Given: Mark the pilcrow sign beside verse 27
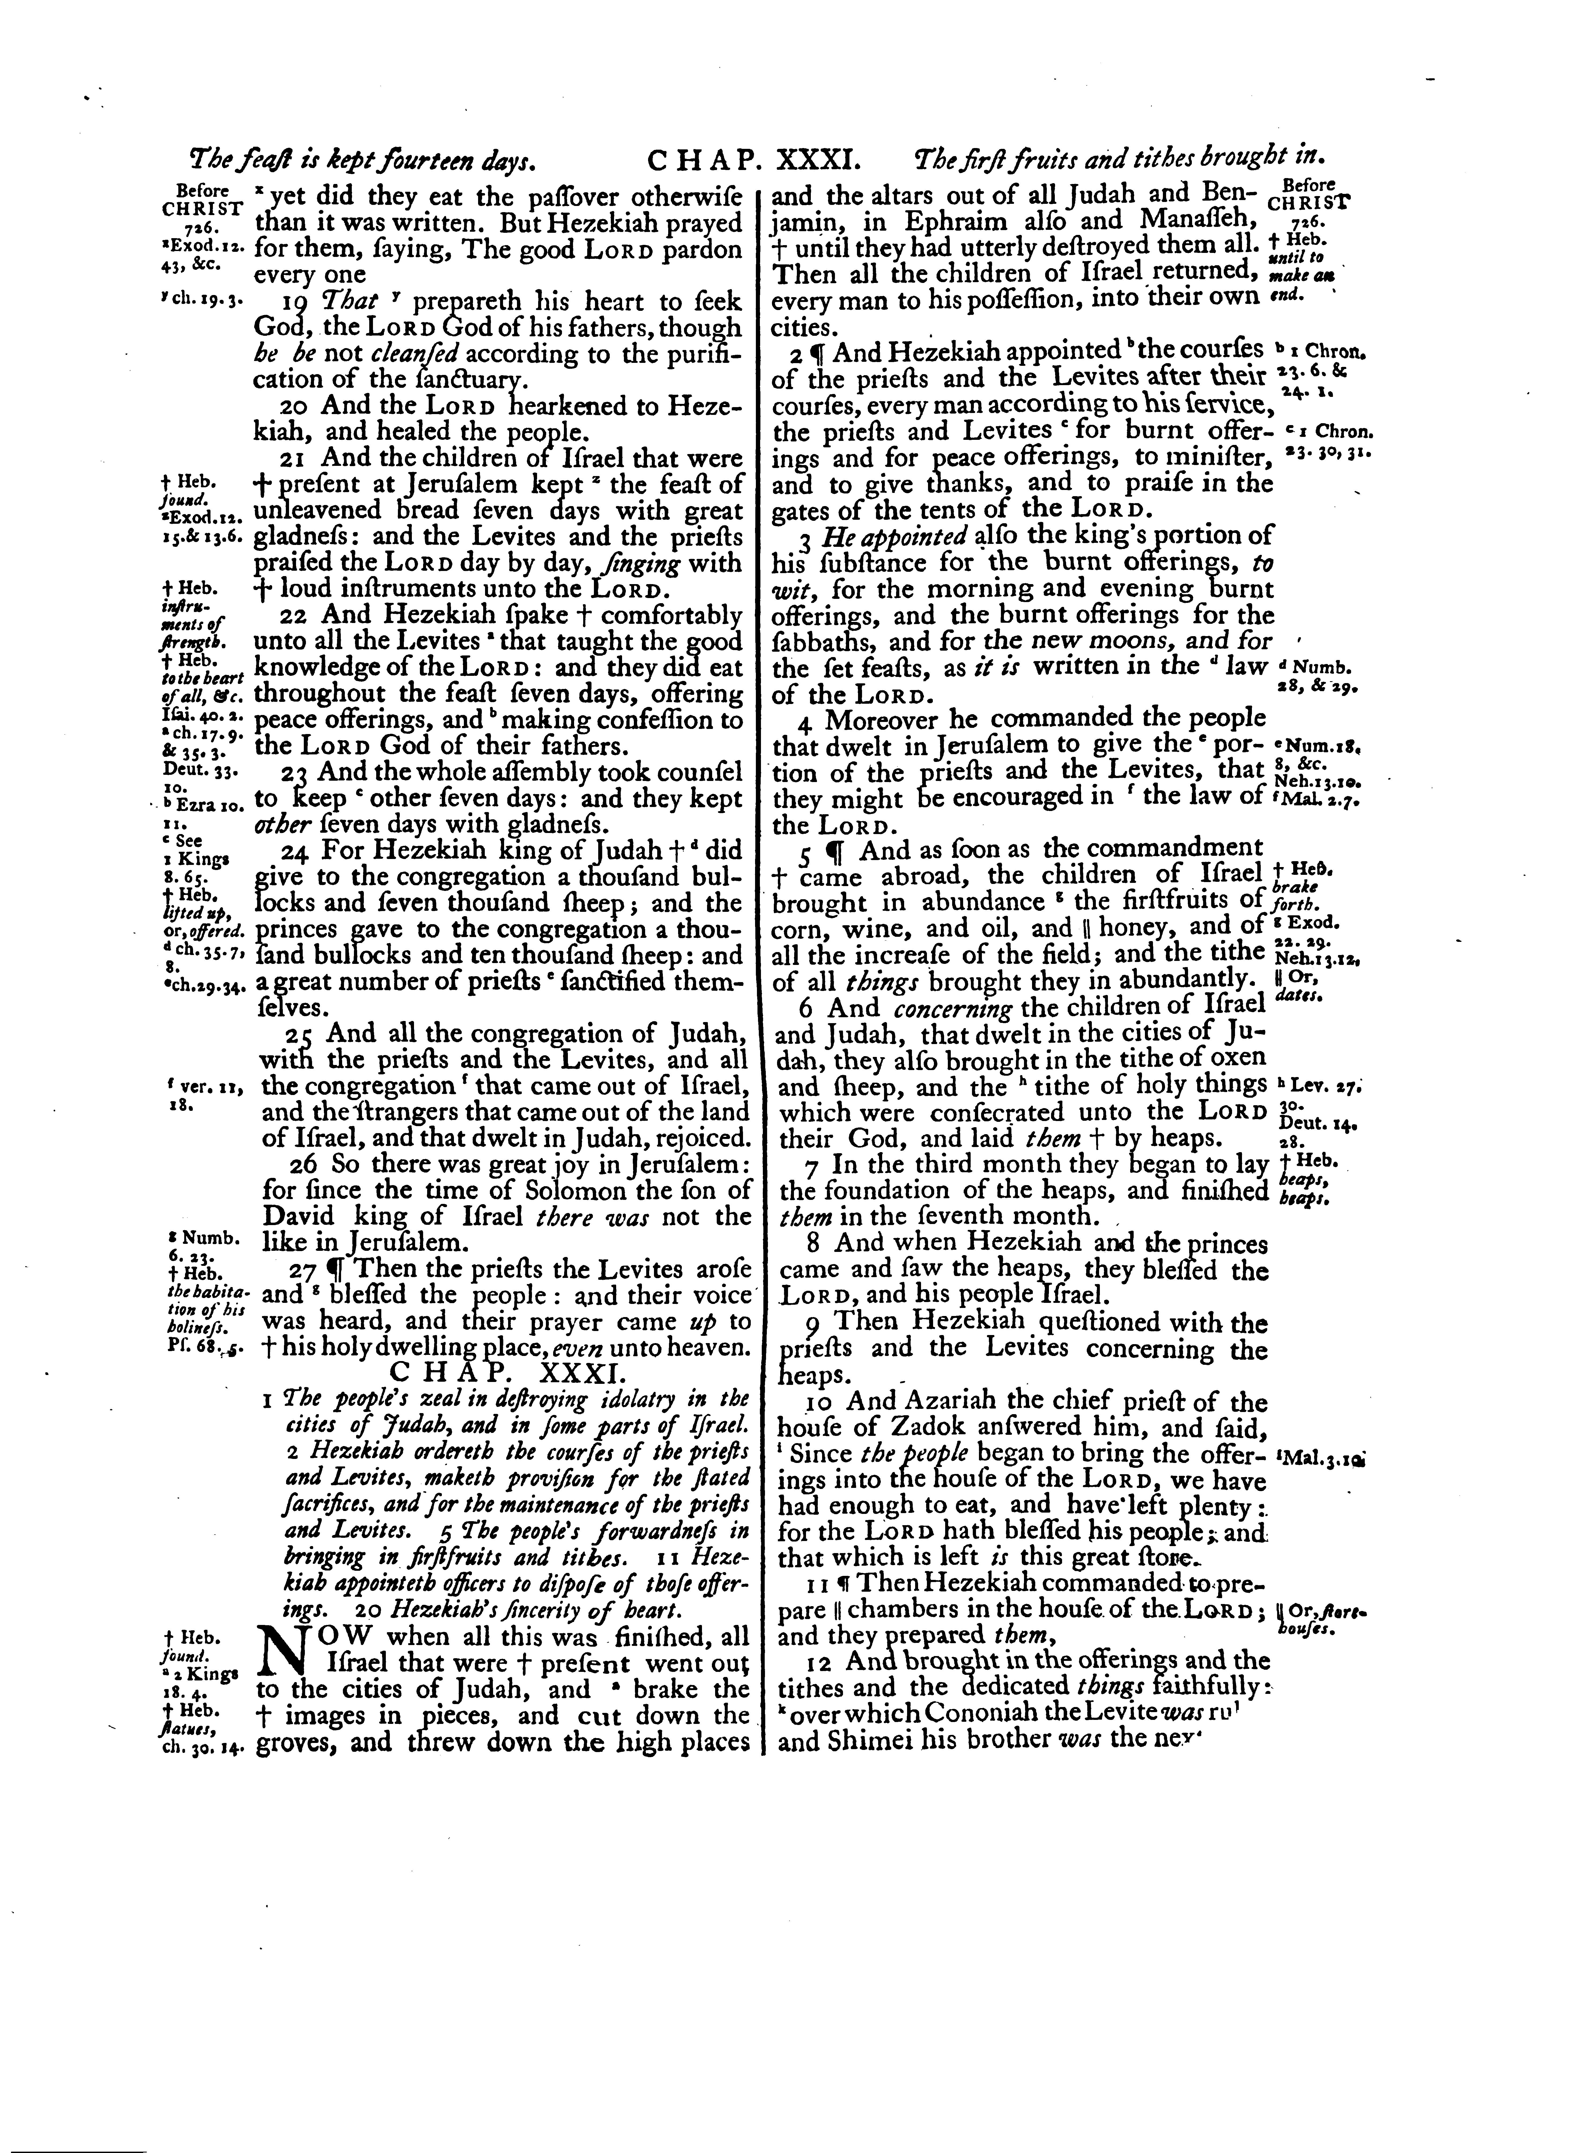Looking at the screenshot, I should (334, 1271).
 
